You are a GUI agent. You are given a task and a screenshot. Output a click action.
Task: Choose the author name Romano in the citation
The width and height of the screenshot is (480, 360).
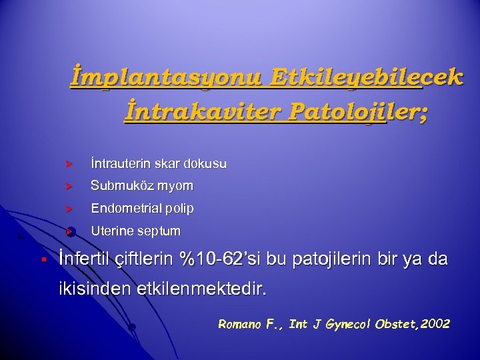tap(239, 324)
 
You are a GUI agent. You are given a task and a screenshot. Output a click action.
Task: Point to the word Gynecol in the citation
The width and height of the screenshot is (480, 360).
tap(347, 324)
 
